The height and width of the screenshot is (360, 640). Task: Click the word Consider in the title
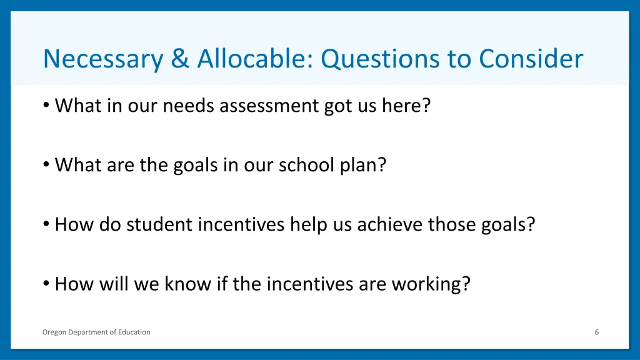coord(531,59)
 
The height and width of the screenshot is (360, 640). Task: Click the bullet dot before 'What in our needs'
coord(47,105)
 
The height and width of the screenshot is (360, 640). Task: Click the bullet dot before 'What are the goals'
coord(47,164)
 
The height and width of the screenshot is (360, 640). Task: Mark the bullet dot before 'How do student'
coord(47,224)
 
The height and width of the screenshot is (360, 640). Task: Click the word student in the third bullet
coord(160,224)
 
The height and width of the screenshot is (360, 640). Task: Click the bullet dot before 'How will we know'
coord(47,283)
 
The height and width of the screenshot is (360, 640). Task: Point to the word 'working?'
coord(431,284)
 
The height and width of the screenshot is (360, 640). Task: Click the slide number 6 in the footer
coord(597,332)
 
